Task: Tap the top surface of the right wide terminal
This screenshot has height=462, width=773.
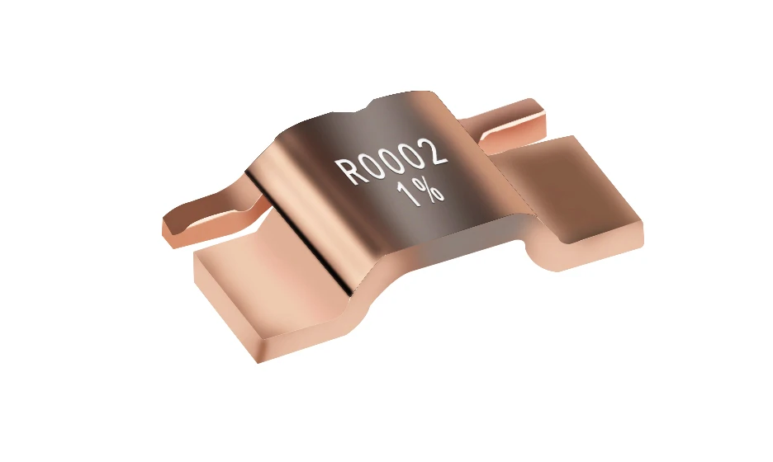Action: pos(570,177)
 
